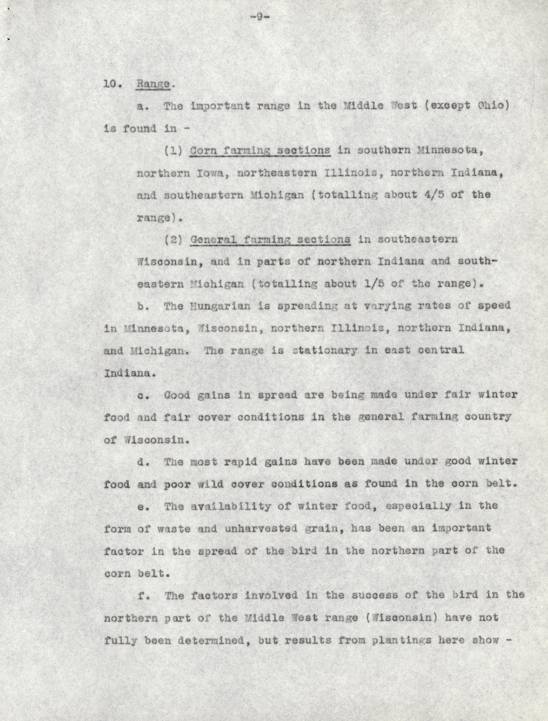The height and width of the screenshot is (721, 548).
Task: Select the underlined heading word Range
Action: click(153, 84)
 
